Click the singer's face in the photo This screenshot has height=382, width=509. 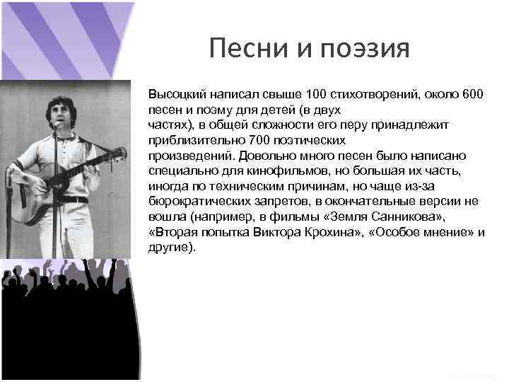(54, 110)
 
